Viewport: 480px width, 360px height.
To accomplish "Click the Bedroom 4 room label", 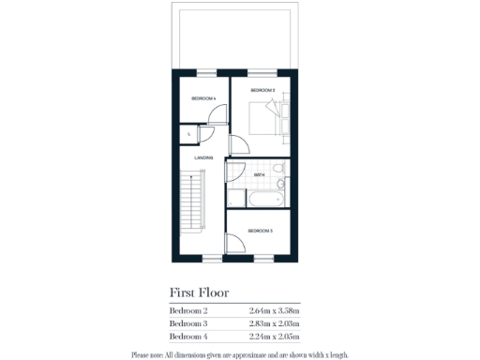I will tap(203, 98).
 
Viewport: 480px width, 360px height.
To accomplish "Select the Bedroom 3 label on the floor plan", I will tap(260, 230).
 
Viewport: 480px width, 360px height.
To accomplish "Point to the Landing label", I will tap(203, 157).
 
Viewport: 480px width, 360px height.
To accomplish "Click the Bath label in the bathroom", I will tap(260, 175).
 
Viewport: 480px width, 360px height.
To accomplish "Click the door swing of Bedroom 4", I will tap(217, 114).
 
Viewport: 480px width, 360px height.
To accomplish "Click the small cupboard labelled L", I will tap(190, 134).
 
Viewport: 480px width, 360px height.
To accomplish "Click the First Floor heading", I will tap(199, 292).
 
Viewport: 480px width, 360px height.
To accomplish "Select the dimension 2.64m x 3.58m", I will tap(275, 310).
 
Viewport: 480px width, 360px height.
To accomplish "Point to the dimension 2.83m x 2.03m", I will tap(275, 323).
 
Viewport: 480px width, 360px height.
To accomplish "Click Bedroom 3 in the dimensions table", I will tap(188, 323).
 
